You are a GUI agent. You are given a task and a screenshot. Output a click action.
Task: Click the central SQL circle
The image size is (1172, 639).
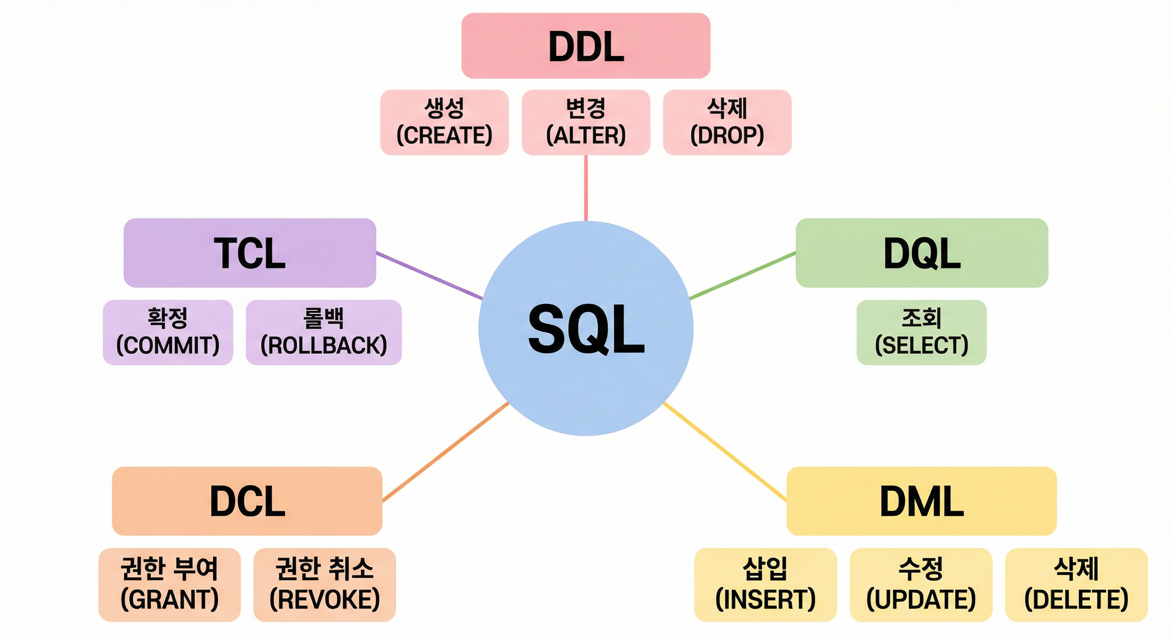pyautogui.click(x=586, y=328)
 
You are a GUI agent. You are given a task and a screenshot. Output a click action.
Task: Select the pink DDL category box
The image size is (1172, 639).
pyautogui.click(x=586, y=45)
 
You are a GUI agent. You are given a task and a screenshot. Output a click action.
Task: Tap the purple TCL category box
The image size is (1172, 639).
pyautogui.click(x=250, y=253)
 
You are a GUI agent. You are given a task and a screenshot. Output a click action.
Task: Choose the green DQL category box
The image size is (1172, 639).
pyautogui.click(x=922, y=253)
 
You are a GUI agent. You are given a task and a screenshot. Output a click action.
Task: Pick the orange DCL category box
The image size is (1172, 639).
pyautogui.click(x=247, y=501)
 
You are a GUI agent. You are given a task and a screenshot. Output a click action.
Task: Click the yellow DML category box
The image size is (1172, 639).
pyautogui.click(x=921, y=501)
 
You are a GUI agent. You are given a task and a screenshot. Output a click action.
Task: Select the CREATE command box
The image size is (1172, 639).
pyautogui.click(x=444, y=122)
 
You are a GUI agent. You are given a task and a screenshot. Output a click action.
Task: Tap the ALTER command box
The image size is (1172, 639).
pyautogui.click(x=586, y=122)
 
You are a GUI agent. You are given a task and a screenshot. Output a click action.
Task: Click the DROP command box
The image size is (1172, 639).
pyautogui.click(x=727, y=122)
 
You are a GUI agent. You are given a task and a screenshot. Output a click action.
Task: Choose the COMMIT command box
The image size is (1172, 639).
pyautogui.click(x=168, y=332)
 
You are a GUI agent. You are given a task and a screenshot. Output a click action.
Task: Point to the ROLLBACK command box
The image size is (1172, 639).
pyautogui.click(x=323, y=332)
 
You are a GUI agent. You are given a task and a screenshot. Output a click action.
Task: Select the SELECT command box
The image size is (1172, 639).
pyautogui.click(x=921, y=332)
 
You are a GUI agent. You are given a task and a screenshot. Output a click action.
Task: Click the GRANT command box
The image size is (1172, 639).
pyautogui.click(x=169, y=585)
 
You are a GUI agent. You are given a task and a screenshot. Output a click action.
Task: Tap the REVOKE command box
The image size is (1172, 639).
pyautogui.click(x=324, y=585)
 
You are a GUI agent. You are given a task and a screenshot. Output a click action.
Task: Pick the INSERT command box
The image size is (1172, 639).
pyautogui.click(x=765, y=585)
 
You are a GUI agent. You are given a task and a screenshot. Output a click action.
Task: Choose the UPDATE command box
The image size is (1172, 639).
pyautogui.click(x=921, y=585)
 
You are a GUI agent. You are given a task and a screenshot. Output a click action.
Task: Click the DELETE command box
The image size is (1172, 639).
pyautogui.click(x=1076, y=585)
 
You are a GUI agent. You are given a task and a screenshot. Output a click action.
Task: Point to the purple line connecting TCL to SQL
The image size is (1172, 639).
pyautogui.click(x=429, y=276)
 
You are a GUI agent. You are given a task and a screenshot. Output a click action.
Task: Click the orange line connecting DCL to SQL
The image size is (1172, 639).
pyautogui.click(x=445, y=452)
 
